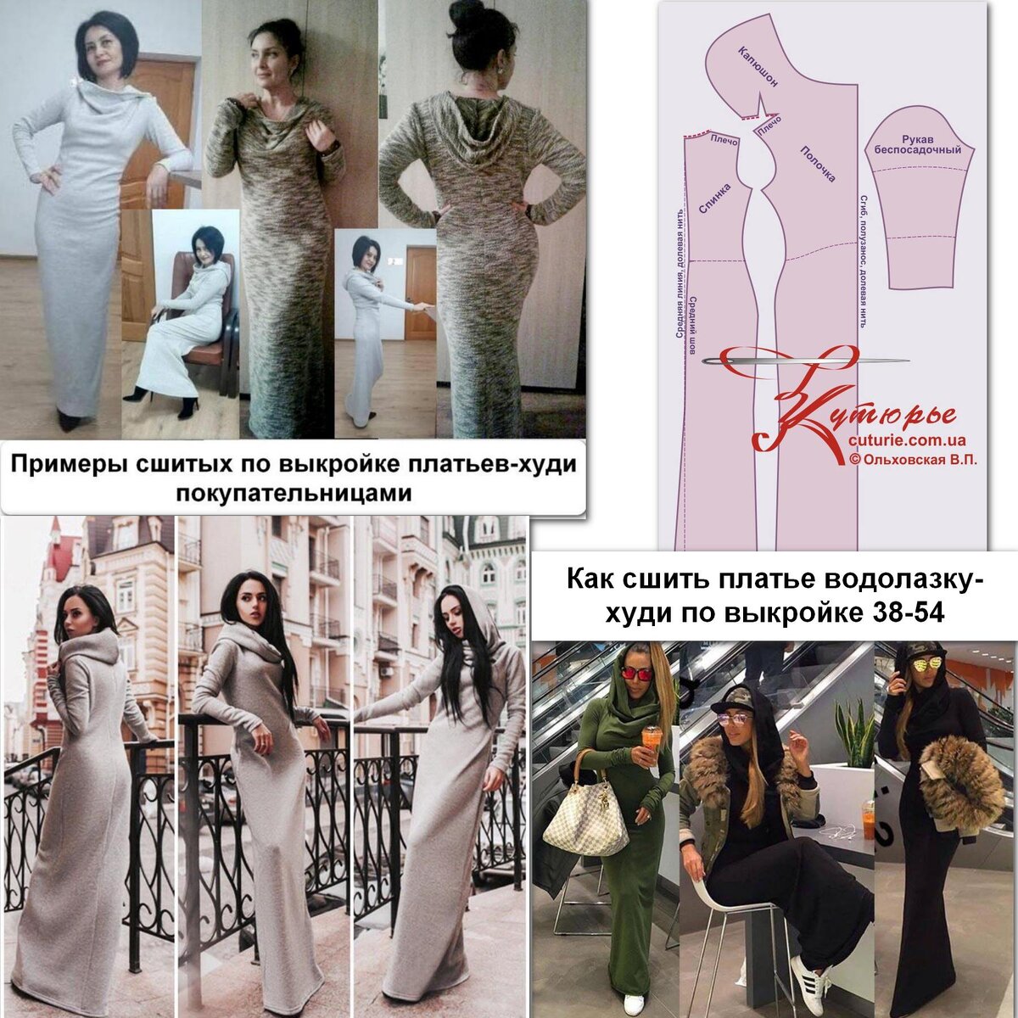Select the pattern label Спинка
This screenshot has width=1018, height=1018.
click(715, 199)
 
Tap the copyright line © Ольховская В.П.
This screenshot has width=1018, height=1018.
click(912, 460)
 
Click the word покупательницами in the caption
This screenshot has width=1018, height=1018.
click(294, 494)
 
